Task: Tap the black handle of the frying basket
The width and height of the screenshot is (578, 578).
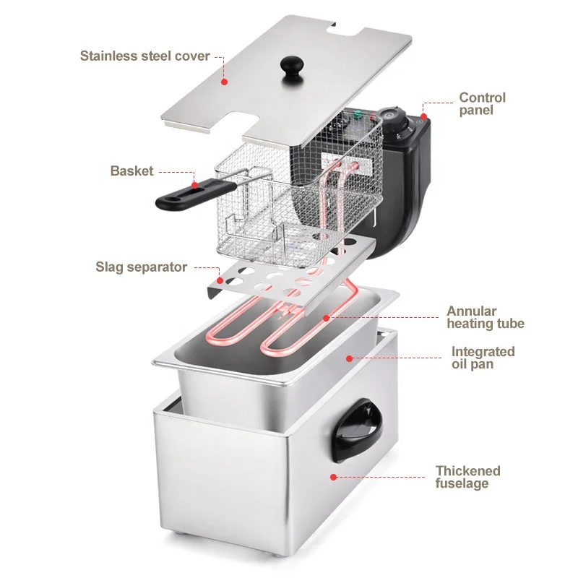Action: tap(181, 194)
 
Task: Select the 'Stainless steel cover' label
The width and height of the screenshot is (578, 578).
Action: tap(144, 56)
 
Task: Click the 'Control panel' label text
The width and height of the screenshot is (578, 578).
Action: tap(483, 104)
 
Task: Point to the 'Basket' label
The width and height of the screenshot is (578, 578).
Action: tap(131, 171)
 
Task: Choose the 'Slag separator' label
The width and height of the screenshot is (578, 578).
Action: tap(142, 267)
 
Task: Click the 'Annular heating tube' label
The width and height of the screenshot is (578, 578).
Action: tap(485, 318)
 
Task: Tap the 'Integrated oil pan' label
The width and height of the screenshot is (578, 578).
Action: tap(483, 358)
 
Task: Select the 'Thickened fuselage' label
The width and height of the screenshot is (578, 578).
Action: tap(467, 477)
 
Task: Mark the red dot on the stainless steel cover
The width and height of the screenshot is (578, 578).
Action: tap(224, 82)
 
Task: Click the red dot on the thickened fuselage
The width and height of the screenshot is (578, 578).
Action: tap(333, 476)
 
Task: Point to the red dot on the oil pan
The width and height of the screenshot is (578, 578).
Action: tap(348, 358)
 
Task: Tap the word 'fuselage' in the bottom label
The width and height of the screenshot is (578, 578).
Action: tap(462, 483)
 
